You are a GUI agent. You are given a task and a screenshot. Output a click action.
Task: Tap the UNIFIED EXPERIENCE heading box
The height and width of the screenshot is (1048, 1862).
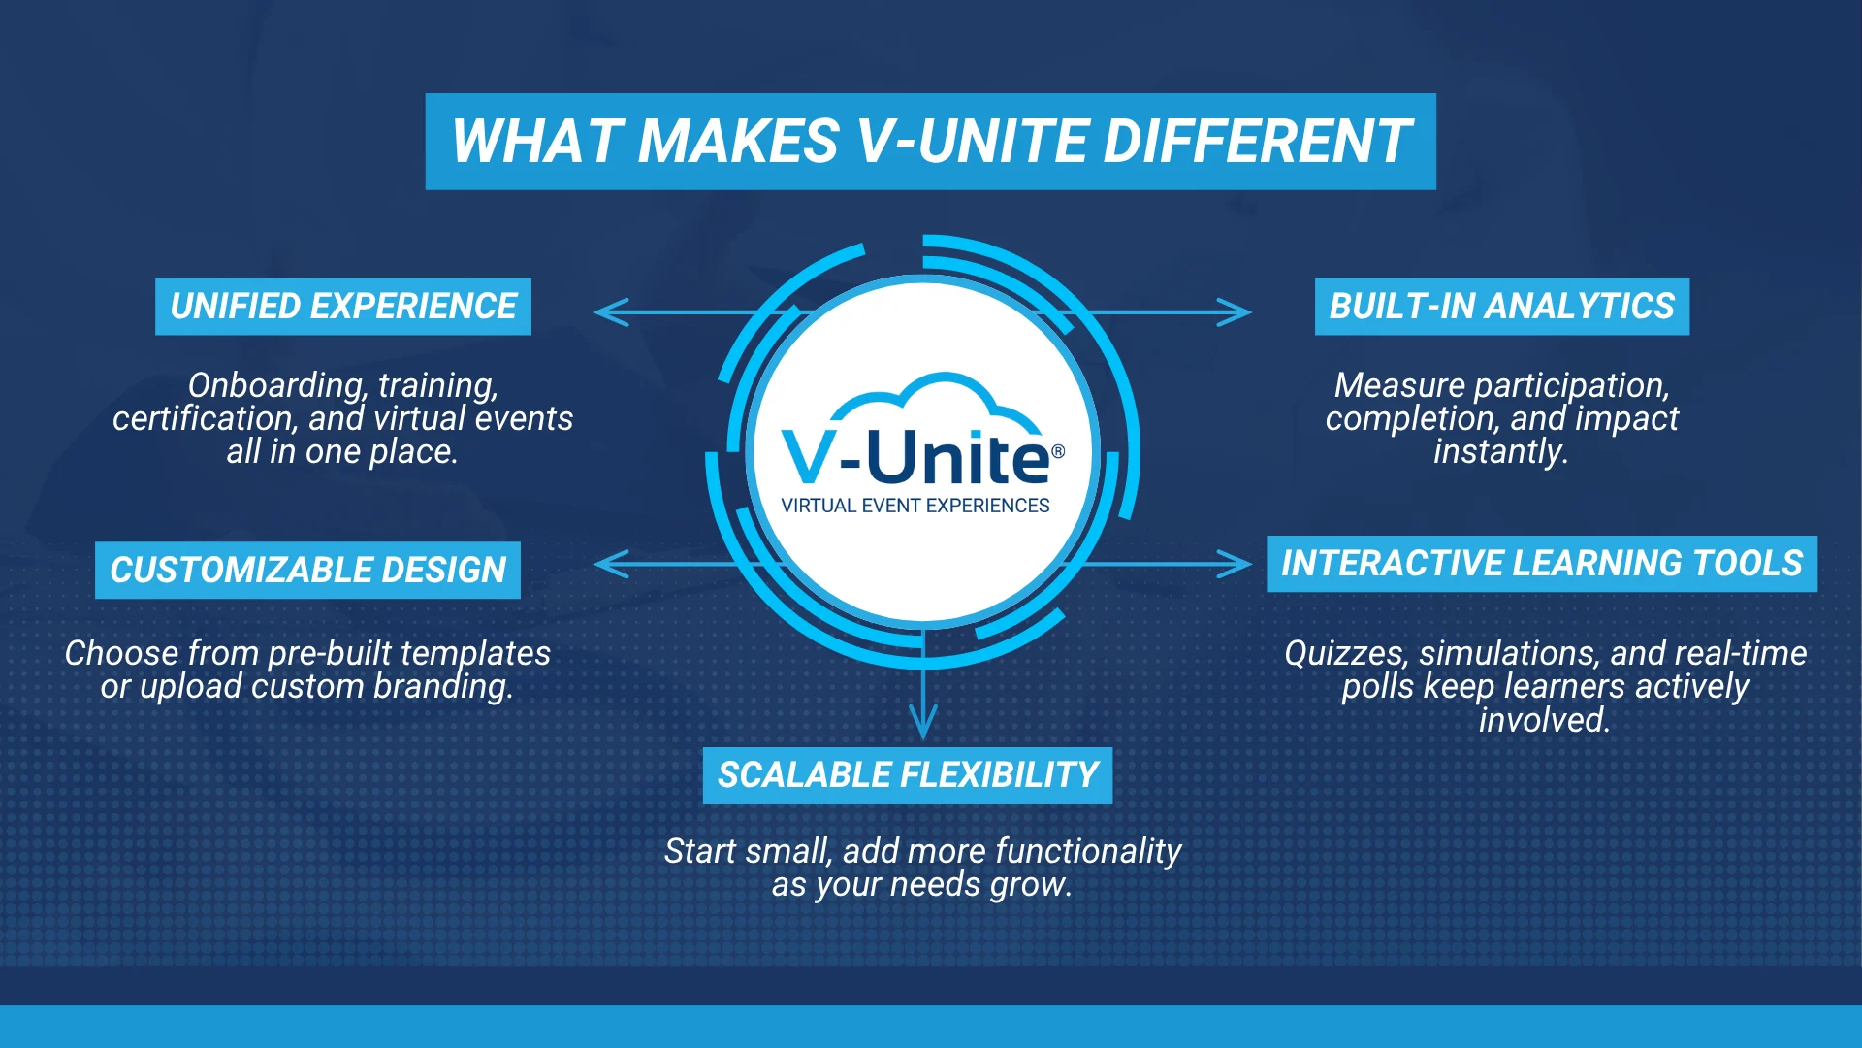tap(343, 307)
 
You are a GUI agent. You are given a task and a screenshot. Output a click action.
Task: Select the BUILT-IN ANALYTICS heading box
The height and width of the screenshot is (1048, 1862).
tap(1502, 307)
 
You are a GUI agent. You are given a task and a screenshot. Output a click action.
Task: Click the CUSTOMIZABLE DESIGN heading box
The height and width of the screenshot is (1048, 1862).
tap(307, 570)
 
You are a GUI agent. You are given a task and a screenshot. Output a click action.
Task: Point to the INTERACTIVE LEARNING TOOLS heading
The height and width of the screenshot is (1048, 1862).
tap(1542, 564)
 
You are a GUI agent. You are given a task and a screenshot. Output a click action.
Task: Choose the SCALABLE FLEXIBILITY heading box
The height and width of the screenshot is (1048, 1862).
tap(908, 775)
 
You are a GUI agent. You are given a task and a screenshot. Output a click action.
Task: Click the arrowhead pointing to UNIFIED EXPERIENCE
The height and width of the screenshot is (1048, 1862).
tap(611, 312)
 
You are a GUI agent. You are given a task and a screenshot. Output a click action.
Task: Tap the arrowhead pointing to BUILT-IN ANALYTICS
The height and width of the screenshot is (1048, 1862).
tap(1235, 312)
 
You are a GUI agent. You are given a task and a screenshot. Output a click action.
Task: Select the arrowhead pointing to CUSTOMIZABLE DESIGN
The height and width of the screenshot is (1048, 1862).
tap(611, 564)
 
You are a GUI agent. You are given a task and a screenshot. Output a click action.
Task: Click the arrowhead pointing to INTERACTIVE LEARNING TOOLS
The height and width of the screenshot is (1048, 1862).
tap(1235, 564)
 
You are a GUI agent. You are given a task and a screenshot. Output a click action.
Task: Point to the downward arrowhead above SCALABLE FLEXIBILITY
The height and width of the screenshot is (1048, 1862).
tap(923, 723)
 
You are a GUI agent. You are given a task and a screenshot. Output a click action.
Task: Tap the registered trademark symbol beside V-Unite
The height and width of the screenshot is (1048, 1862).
tap(1058, 451)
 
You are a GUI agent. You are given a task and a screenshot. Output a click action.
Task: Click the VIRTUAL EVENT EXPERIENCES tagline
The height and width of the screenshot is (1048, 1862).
tap(915, 506)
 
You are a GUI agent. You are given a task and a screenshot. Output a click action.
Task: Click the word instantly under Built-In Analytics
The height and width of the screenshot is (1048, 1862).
tap(1501, 452)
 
